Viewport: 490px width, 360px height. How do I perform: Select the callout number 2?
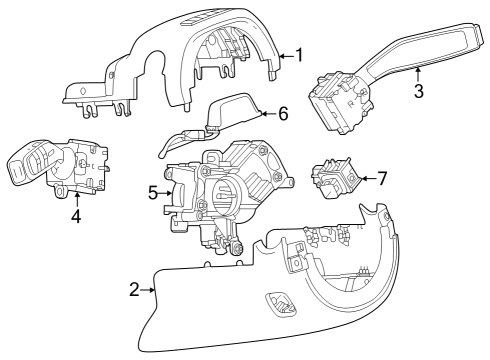coord(135,290)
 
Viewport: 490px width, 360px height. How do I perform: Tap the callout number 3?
coord(419,90)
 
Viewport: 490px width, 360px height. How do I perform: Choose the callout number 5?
coord(153,191)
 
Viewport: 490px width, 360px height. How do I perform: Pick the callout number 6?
coord(283,114)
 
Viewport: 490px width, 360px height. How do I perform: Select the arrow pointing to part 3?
coord(417,70)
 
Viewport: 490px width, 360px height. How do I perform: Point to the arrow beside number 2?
coord(150,290)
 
